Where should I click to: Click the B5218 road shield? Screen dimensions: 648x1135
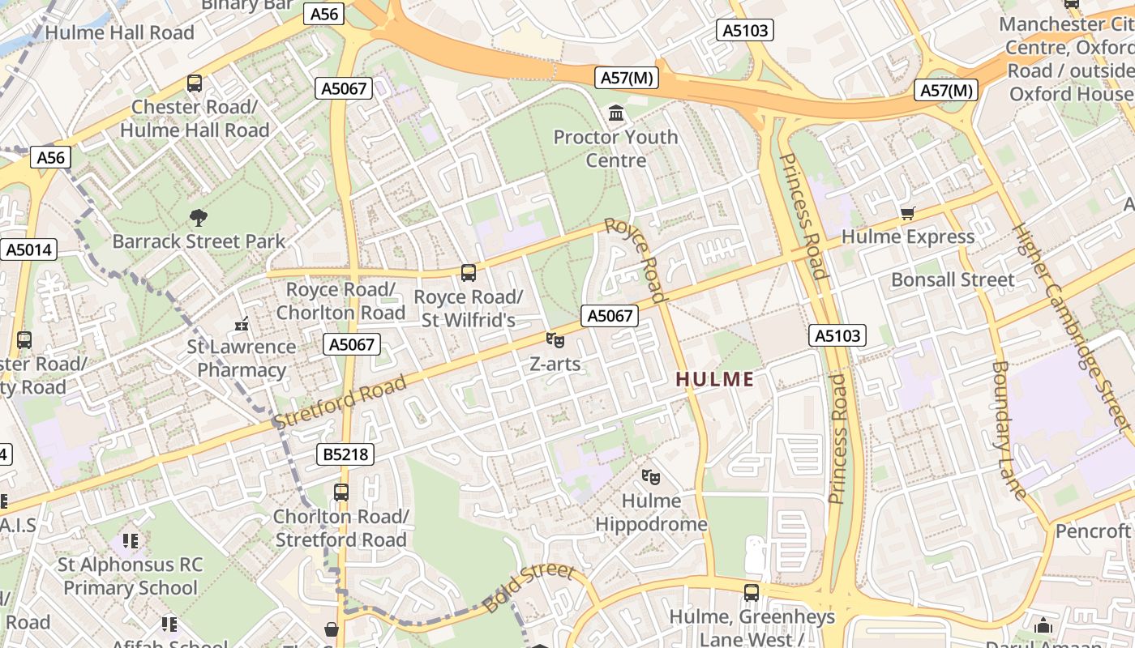(x=346, y=454)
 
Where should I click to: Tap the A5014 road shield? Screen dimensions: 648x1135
(x=29, y=249)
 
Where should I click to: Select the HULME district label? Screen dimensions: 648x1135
(x=714, y=379)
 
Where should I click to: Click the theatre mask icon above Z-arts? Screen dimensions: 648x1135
(x=555, y=340)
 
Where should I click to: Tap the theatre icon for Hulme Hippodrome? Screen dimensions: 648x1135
(x=650, y=477)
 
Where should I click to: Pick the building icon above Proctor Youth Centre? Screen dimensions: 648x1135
(x=616, y=113)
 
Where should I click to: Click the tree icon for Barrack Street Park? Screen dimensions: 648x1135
(x=198, y=217)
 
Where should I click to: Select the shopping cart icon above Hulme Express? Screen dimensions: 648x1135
(x=907, y=214)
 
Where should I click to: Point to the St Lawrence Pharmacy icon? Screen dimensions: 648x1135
(x=241, y=324)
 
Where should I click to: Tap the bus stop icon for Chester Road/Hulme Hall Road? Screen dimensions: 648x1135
(x=195, y=83)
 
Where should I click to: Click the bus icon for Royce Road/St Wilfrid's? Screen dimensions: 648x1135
(x=469, y=273)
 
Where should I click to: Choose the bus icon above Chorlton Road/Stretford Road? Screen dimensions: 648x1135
(x=341, y=492)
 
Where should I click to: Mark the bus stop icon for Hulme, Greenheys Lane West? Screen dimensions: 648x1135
(x=752, y=592)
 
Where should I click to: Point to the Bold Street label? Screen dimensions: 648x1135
(x=529, y=588)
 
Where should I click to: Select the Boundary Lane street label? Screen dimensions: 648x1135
(x=1009, y=429)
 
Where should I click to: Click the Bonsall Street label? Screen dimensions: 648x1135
(x=952, y=279)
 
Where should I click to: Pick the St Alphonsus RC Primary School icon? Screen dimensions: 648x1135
(x=130, y=540)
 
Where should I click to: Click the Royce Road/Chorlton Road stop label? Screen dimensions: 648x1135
(x=340, y=301)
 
